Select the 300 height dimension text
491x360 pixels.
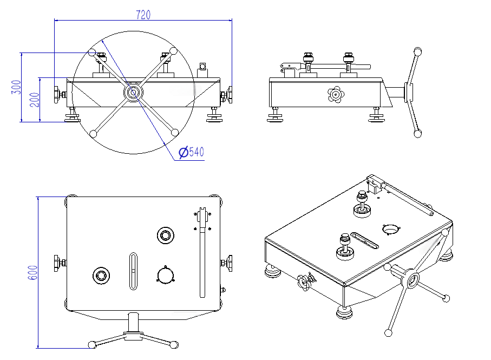(x=16, y=87)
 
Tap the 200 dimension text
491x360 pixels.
(x=35, y=100)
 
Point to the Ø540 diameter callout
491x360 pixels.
(x=192, y=152)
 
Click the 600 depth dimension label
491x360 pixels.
(x=32, y=272)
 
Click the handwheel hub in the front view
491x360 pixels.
(x=133, y=92)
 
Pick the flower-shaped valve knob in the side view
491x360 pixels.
(x=336, y=95)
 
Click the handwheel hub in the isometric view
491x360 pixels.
(x=413, y=280)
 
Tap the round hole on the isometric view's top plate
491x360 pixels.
(x=390, y=229)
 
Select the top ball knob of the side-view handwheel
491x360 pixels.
(x=417, y=51)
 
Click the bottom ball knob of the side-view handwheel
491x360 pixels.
(x=417, y=133)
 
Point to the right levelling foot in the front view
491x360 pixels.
(x=214, y=116)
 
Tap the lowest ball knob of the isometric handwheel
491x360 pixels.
(x=388, y=332)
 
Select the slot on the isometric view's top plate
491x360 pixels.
(x=365, y=241)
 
